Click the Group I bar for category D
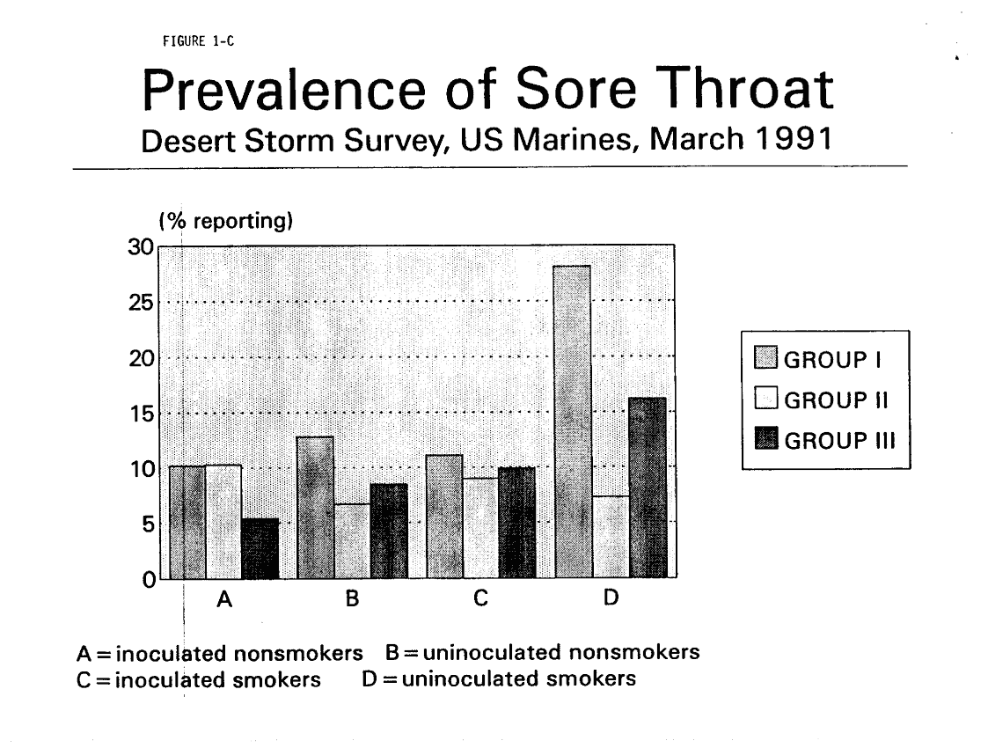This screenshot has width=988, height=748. coord(573,422)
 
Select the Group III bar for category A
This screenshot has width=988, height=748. coord(260,548)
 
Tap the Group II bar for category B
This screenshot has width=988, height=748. coord(352,540)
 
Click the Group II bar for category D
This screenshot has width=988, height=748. coord(610,537)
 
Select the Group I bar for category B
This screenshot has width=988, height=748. coord(315,507)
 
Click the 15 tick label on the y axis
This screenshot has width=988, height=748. coord(143,414)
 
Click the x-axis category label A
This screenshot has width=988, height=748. coord(224,601)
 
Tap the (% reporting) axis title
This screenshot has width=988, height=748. coord(219,223)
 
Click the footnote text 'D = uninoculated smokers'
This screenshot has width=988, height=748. coord(499,679)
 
